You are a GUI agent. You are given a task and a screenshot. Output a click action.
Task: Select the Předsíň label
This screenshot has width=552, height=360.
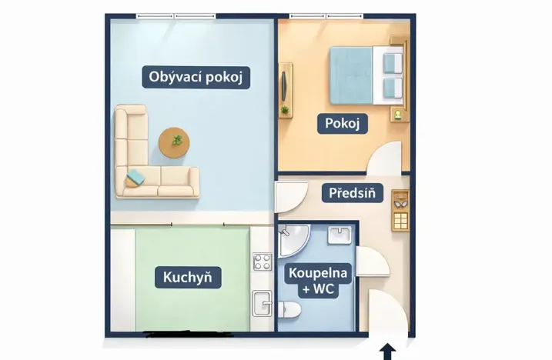tap(351, 193)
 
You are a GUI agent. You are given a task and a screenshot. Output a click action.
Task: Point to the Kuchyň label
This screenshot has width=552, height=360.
tap(187, 277)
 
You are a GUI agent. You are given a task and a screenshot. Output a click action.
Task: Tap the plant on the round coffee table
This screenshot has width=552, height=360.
tap(178, 140)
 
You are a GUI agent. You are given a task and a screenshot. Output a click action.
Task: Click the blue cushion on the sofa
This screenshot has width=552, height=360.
tap(135, 177)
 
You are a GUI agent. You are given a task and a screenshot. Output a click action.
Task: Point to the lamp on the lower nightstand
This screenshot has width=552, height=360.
tap(398, 115)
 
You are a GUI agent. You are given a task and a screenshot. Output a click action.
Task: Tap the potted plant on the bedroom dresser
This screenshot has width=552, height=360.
tap(285, 110)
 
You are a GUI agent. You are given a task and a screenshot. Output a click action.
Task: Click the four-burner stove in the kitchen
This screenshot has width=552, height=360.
tap(263, 262)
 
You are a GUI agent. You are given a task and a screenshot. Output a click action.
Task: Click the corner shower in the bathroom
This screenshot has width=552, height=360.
tap(293, 239)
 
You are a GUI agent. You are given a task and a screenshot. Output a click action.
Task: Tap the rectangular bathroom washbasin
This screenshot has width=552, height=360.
tap(339, 235)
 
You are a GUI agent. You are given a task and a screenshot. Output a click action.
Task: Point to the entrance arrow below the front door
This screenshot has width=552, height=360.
tap(388, 352)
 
